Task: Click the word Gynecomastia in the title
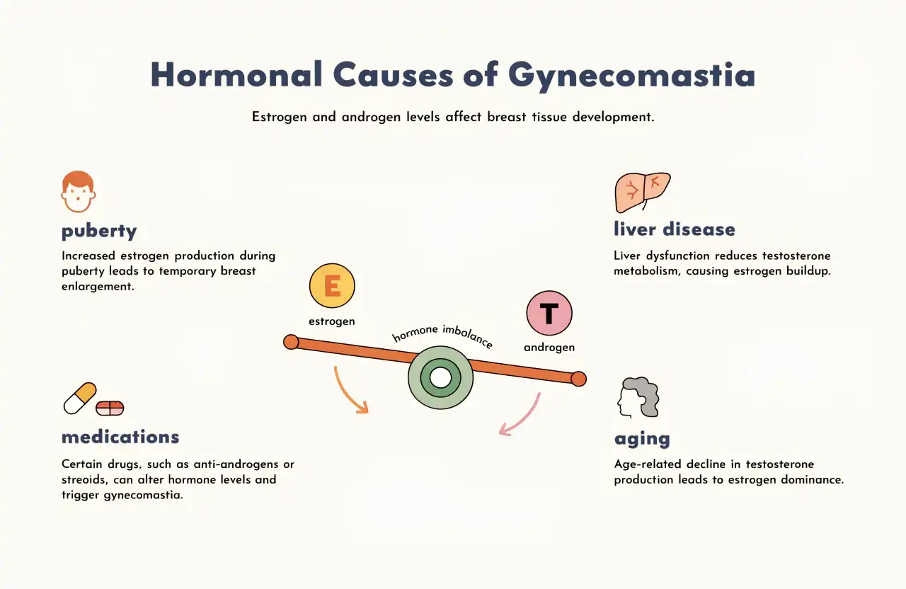point(631,76)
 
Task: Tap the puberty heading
point(99,231)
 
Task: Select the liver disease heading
point(675,229)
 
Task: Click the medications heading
point(120,437)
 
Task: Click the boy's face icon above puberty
point(79,192)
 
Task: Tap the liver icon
point(643,193)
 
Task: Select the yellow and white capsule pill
point(80,399)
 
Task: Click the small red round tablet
point(110,408)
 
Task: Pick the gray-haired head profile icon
point(638,397)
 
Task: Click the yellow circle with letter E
point(332,285)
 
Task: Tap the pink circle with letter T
point(549,313)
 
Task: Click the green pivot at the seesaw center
point(440,378)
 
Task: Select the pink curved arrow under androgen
point(525,418)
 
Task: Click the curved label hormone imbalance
point(443,335)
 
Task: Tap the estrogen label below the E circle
point(332,321)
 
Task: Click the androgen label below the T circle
point(549,348)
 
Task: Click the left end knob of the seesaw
point(291,342)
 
